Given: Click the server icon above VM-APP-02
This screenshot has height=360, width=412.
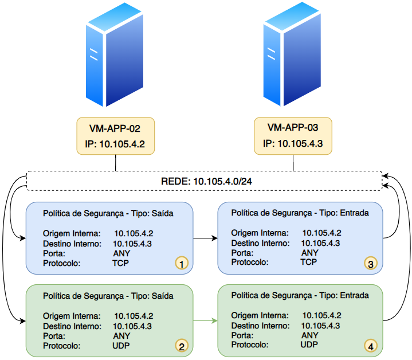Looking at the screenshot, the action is click(115, 54).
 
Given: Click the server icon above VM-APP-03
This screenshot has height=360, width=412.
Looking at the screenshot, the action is click(292, 54).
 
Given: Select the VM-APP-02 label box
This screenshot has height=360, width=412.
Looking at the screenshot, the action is click(116, 136).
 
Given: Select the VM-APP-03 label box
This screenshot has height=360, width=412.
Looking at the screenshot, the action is click(293, 136).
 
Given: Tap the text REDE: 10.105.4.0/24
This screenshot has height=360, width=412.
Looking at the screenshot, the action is click(206, 181).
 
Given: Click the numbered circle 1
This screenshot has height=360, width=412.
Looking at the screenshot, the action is click(182, 263).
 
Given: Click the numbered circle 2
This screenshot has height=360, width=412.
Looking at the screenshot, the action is click(182, 346).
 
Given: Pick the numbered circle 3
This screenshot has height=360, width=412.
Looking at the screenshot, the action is click(371, 264).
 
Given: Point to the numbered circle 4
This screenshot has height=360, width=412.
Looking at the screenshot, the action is click(371, 346).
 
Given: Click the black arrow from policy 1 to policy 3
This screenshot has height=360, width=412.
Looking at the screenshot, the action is click(206, 238).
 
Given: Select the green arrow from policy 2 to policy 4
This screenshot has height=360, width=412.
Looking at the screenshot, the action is click(206, 320).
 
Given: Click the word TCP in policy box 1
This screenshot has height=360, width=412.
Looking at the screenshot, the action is click(120, 263).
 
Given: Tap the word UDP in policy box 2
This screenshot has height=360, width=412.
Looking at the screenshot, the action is click(121, 346).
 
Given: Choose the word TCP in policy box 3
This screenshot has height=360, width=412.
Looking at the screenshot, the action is click(309, 262).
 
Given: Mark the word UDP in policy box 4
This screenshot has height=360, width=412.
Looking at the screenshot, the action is click(309, 345).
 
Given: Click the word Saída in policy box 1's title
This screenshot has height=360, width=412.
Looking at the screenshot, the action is click(162, 213).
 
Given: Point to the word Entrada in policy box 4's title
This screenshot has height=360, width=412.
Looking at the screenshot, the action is click(355, 295).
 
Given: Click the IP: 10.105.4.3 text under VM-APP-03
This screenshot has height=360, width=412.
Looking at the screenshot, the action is click(293, 143).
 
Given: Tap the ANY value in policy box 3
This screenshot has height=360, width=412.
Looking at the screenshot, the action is click(310, 253).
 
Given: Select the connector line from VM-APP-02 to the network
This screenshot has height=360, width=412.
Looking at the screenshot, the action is click(116, 163).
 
